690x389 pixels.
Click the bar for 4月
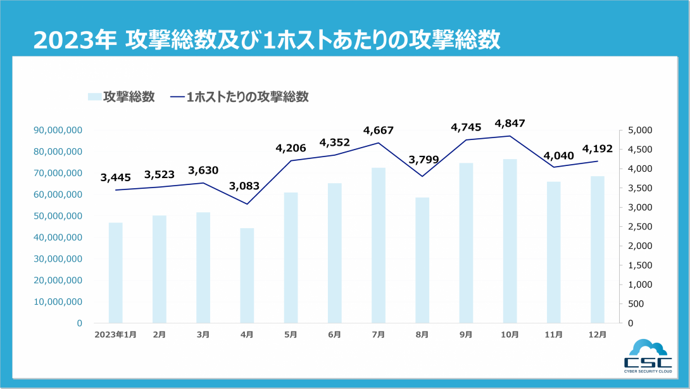tap(247, 276)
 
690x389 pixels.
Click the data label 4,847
tap(510, 123)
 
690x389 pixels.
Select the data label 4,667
tap(379, 131)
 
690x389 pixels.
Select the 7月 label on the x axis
tap(379, 335)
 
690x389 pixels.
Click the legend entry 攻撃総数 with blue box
tap(122, 97)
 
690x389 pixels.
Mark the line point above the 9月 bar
tap(467, 140)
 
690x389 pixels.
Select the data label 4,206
tap(291, 148)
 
